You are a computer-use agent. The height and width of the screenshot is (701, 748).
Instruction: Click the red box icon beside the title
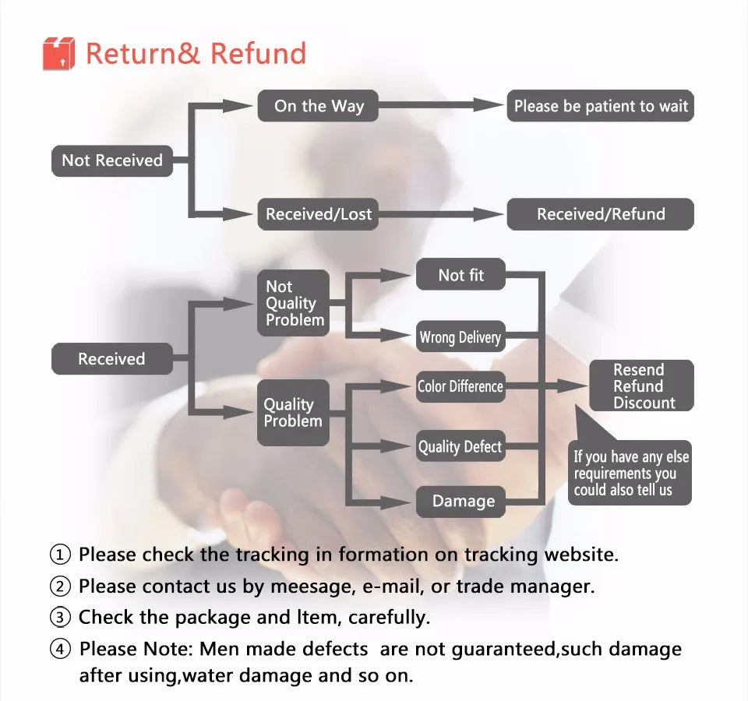[58, 53]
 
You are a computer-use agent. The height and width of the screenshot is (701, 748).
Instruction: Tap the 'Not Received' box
[111, 160]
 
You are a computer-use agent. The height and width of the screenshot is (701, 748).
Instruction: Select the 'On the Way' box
[318, 106]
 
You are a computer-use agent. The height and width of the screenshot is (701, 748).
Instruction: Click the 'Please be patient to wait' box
[600, 106]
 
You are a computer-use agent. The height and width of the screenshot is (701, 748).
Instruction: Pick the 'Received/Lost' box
[318, 214]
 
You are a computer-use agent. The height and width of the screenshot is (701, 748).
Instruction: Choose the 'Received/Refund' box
[600, 214]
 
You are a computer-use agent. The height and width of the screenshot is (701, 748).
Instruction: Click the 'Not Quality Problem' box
[294, 303]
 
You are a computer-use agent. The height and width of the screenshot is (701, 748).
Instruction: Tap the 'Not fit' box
[460, 275]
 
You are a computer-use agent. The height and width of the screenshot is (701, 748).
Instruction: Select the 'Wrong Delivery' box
[460, 337]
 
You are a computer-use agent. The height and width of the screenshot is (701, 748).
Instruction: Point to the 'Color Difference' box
[460, 386]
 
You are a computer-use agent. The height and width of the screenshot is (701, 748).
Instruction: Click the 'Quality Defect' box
[460, 447]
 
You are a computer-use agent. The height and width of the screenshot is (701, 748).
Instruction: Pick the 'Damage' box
[463, 501]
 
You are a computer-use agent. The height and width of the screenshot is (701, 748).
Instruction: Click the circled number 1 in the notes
[61, 555]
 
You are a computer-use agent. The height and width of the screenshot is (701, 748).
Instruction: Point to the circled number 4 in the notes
[61, 649]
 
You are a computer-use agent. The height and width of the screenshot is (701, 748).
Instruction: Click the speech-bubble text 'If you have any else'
[631, 457]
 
